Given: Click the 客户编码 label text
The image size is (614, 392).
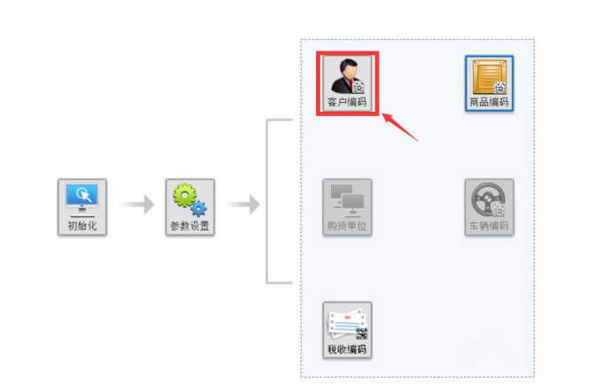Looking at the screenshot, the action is tap(347, 103).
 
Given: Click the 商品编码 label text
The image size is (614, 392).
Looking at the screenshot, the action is tap(489, 103).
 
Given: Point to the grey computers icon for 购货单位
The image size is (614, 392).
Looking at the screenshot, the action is tap(347, 200).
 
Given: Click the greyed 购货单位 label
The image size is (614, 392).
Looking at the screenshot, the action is tap(347, 225).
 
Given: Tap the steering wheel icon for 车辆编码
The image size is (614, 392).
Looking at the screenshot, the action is tap(488, 200).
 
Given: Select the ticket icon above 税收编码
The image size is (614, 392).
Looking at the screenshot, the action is tap(346, 325).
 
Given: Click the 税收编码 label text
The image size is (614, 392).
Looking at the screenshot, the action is tap(347, 349).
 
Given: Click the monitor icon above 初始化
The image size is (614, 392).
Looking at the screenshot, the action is tap(83, 198).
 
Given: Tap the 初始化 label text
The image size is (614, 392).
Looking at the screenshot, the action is tap(83, 225).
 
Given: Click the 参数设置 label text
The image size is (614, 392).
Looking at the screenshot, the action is tap(191, 225).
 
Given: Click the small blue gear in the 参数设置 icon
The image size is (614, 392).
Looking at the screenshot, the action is tap(199, 208).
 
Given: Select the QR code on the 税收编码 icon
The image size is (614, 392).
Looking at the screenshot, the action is tap(361, 333).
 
